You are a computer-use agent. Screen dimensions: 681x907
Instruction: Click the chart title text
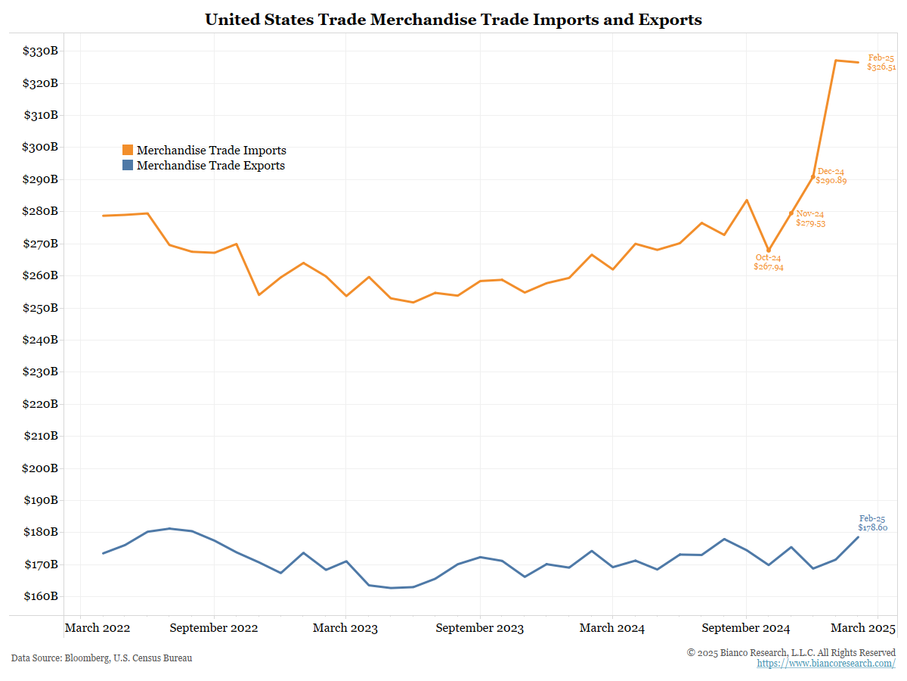click(453, 20)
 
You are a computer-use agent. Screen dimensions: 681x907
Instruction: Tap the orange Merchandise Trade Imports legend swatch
click(127, 151)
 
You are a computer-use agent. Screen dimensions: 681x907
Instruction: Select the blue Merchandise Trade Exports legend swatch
click(127, 166)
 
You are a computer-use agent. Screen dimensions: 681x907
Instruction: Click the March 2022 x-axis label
click(98, 628)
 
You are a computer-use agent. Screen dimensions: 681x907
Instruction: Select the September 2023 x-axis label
click(480, 628)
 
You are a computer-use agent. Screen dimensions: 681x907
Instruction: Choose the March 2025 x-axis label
click(862, 628)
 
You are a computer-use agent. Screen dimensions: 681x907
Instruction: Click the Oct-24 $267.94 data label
click(769, 263)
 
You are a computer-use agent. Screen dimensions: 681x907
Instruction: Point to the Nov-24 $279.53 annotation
click(810, 219)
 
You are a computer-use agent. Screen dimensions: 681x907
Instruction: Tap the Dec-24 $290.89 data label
click(831, 176)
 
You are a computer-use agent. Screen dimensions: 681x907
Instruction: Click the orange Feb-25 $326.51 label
click(881, 62)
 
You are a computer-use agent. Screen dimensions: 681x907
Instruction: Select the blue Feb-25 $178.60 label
click(872, 523)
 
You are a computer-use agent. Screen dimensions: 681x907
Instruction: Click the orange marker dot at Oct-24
click(769, 250)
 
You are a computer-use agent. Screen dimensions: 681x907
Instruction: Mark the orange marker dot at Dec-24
click(813, 177)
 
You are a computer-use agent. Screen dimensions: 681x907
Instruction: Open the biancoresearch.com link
click(826, 664)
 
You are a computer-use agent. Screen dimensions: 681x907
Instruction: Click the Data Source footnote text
click(101, 658)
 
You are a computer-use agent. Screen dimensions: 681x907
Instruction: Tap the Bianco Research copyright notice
click(791, 652)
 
